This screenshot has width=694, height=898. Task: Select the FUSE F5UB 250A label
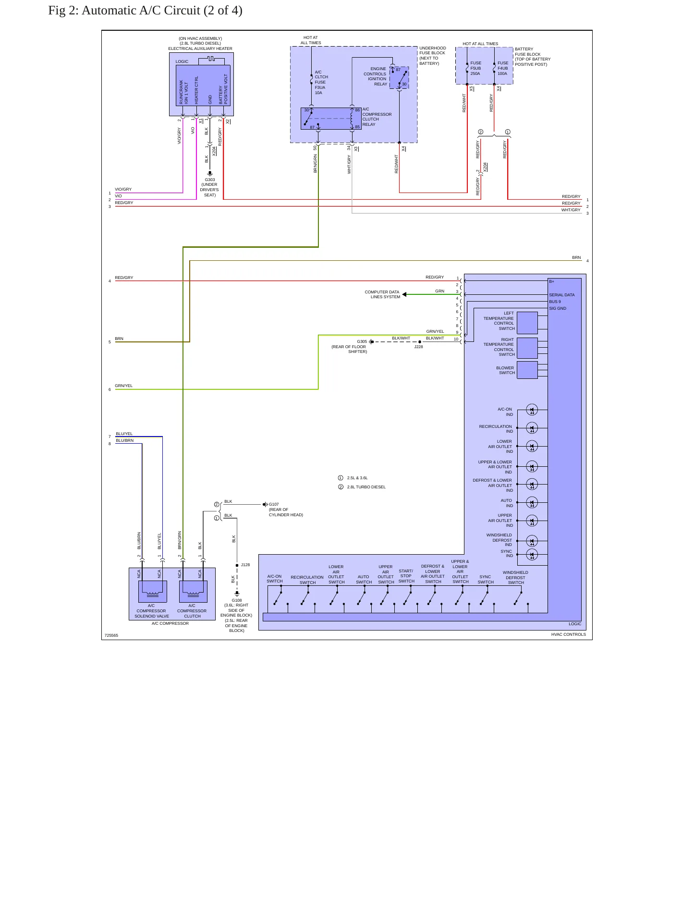pos(475,68)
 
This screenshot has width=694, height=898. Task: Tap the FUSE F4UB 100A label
pos(503,68)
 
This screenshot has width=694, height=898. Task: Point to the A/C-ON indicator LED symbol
pos(532,410)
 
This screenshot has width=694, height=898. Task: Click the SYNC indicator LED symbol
pos(532,555)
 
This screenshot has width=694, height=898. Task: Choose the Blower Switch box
pos(527,370)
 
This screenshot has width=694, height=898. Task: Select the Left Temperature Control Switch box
pos(527,323)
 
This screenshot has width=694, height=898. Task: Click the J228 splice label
pos(419,347)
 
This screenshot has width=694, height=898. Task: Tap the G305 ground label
pos(362,342)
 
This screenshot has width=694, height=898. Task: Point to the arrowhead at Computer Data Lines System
pos(404,294)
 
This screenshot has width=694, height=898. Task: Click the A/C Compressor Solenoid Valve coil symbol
pos(153,592)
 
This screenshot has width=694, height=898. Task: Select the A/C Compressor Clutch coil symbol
pos(193,592)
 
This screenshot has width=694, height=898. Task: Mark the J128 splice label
pos(245,565)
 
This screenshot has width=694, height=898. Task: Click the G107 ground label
pos(274,504)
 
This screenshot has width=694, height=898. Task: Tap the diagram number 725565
pos(111,635)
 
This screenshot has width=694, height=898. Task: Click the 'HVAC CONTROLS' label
pos(569,634)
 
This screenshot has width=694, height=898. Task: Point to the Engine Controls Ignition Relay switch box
pos(399,77)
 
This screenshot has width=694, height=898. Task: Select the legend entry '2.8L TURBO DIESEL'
pos(366,487)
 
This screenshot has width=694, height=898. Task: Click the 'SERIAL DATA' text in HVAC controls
pos(562,295)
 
